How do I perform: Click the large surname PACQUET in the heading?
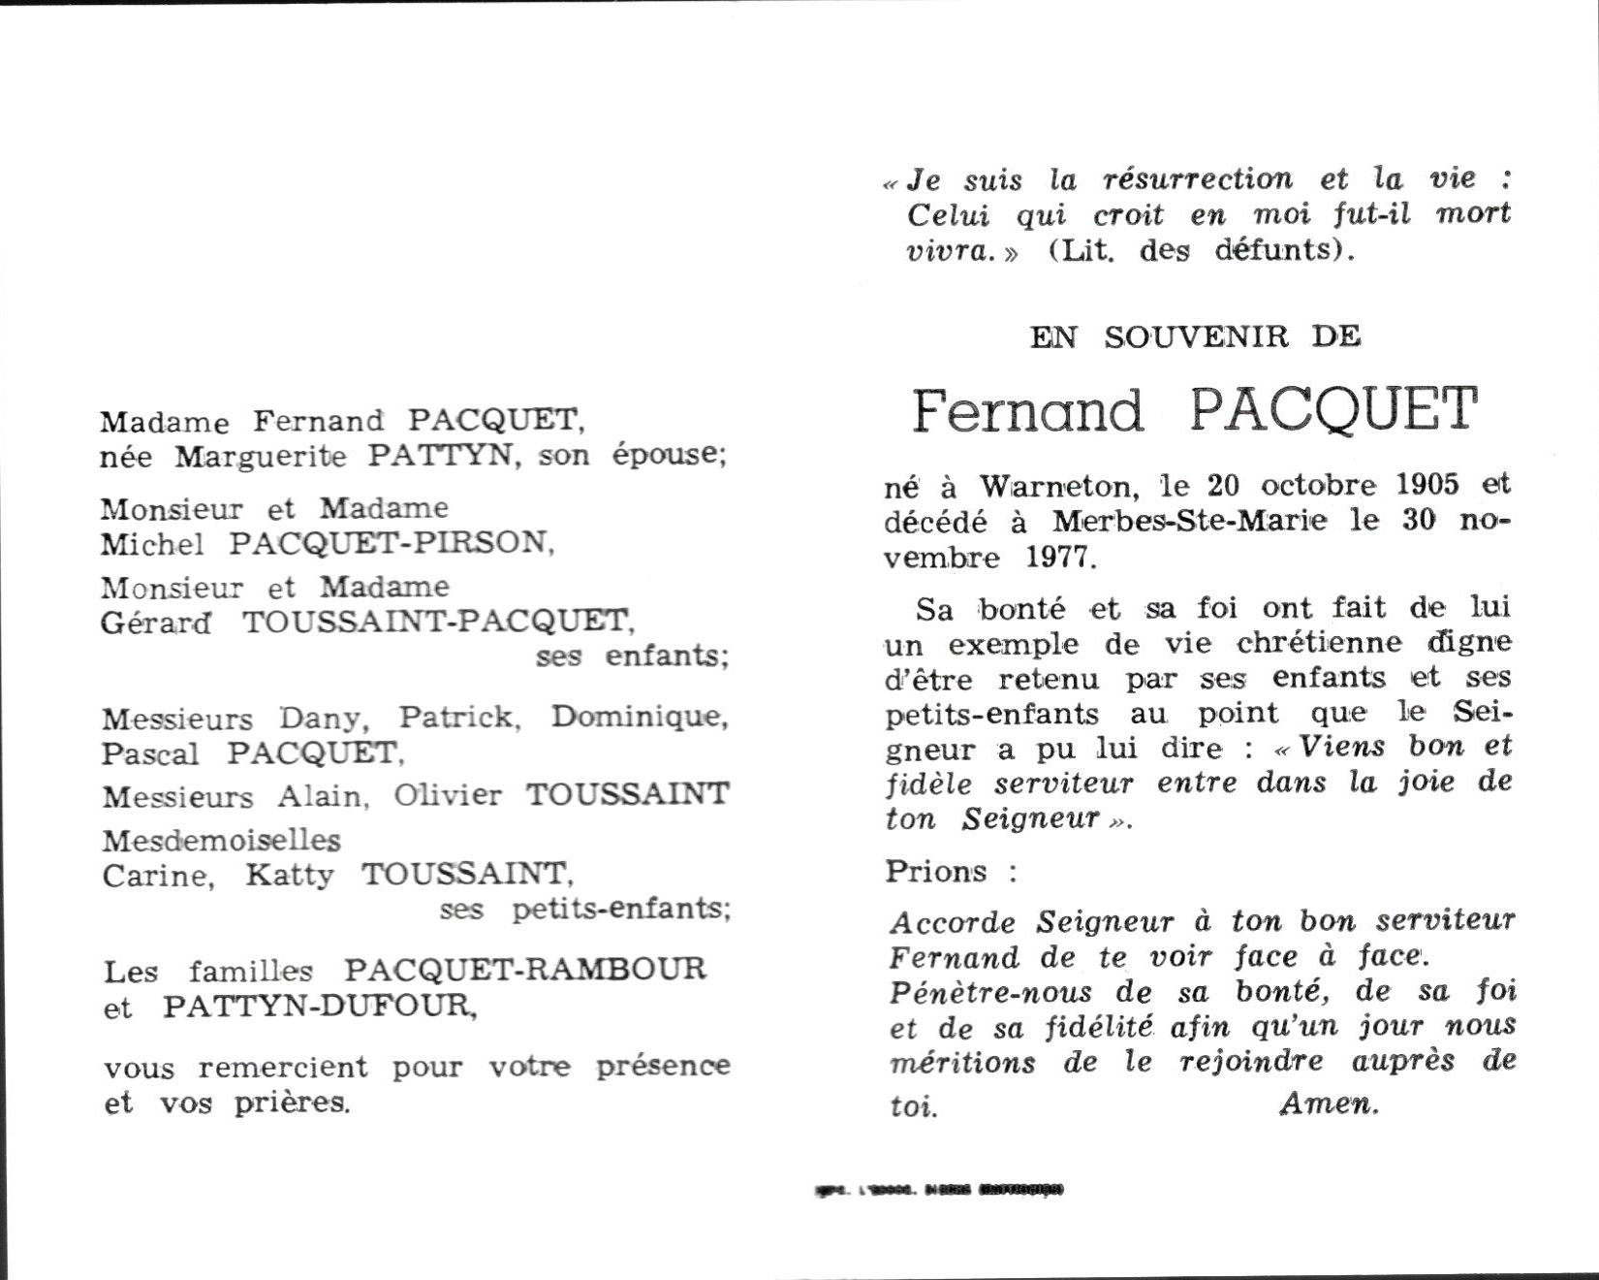coord(1333,410)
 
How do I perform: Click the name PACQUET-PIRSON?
coord(391,543)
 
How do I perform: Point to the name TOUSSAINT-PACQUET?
coord(435,621)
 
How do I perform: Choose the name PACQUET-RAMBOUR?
coord(526,969)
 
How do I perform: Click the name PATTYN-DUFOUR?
coord(320,1007)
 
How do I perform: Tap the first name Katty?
coord(289,876)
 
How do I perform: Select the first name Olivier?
coord(448,795)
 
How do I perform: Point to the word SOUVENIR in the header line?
coord(1196,336)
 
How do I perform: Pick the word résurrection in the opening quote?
coord(1198,179)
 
